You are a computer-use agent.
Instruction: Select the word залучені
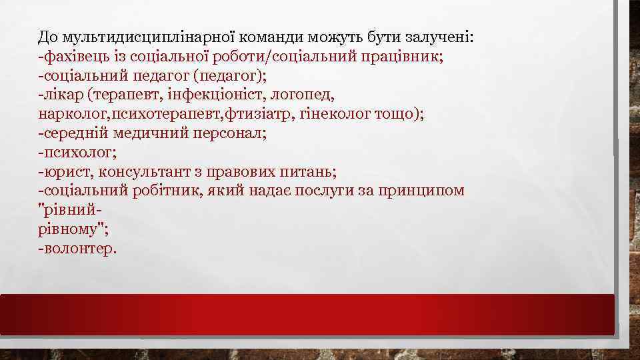439,37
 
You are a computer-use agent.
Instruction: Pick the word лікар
64,95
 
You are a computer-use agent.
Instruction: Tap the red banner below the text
307,314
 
